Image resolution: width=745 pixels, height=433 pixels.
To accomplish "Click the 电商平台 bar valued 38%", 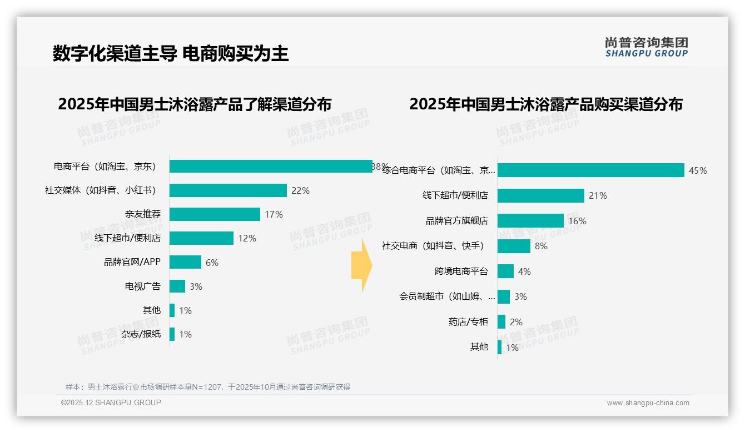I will pos(271,166).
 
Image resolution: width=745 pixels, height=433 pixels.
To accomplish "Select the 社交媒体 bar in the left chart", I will pos(228,190).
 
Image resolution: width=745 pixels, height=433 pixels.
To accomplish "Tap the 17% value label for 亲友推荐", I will pos(274,214).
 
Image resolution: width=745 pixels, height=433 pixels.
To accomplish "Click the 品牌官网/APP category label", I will pos(132,262).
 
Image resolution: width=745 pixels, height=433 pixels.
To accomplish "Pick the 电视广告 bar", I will pos(177,286).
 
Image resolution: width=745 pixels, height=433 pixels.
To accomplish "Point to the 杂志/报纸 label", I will pos(141,334).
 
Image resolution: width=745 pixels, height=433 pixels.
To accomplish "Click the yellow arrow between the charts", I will pos(361,265).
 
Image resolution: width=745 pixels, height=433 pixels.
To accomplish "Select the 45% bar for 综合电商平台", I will pos(590,170).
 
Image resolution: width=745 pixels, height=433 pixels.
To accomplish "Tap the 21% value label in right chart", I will pos(598,195).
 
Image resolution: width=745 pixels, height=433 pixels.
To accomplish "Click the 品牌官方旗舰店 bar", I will pos(530,220).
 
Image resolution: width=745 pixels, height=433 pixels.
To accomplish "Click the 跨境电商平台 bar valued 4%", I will pos(505,271).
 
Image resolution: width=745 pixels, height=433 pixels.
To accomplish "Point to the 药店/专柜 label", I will pos(468,321).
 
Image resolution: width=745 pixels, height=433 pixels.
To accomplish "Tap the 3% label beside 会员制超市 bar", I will pos(520,296).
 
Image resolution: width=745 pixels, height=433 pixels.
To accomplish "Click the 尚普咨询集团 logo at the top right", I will pos(646,47).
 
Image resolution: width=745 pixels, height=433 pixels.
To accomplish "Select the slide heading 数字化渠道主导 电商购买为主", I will pos(171,53).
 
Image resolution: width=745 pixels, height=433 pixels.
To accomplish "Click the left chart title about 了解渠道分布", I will pos(195,104).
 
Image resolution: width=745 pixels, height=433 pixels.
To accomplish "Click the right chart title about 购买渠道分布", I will pos(546,104).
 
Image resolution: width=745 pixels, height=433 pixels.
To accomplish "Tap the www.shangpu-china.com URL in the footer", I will pos(648,403).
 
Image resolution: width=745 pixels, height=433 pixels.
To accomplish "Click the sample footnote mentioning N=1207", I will pos(208,387).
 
